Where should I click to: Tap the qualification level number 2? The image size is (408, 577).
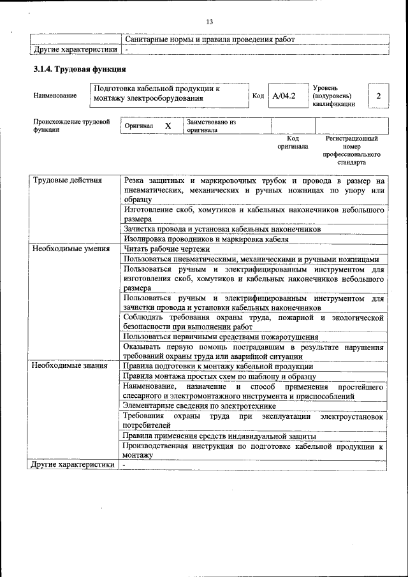(x=378, y=96)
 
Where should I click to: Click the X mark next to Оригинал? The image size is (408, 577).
(x=168, y=126)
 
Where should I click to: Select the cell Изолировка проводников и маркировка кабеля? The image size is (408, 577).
(x=206, y=239)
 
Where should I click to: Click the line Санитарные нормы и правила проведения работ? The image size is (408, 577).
(x=210, y=39)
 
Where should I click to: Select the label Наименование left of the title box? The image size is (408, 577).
(x=55, y=96)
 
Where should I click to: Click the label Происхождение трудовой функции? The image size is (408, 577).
(x=71, y=125)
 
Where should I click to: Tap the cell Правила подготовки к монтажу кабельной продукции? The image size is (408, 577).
(x=218, y=366)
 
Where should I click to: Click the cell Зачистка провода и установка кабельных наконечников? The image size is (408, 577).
(x=222, y=229)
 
